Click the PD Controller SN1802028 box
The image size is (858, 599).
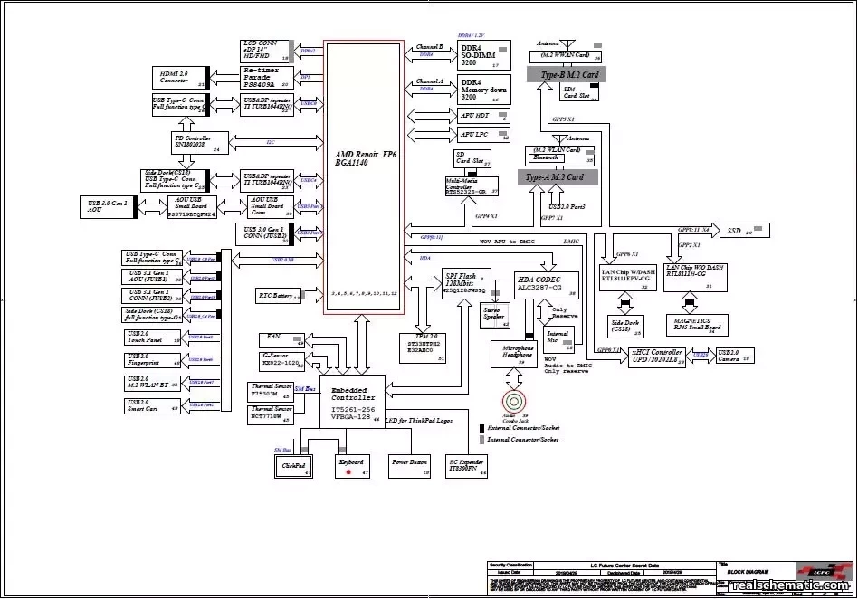pos(200,142)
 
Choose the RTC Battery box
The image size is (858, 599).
pos(278,296)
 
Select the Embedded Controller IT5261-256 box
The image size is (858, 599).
pos(351,401)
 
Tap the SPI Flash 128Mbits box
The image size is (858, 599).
pos(465,282)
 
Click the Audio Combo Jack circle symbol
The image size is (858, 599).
pos(514,400)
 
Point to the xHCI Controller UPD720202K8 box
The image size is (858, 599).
pos(667,357)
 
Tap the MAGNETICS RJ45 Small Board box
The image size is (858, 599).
pos(698,326)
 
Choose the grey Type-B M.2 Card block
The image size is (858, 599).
pos(569,75)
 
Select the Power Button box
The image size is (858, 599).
pos(409,466)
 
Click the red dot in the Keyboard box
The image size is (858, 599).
pos(348,472)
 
